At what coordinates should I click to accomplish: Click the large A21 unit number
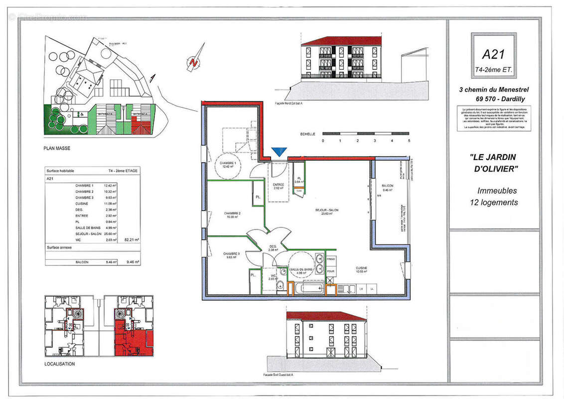coord(493,53)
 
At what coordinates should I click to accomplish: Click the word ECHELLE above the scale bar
coord(308,134)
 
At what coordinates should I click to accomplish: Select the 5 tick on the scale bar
coord(409,141)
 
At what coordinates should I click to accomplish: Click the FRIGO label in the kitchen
coord(331,260)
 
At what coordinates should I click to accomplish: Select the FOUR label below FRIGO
coord(331,272)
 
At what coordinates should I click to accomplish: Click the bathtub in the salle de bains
coord(306,288)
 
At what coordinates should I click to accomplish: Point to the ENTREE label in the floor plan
coord(278,185)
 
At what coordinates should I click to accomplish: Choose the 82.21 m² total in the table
coord(132,240)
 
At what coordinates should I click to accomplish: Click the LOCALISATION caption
coord(59,364)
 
